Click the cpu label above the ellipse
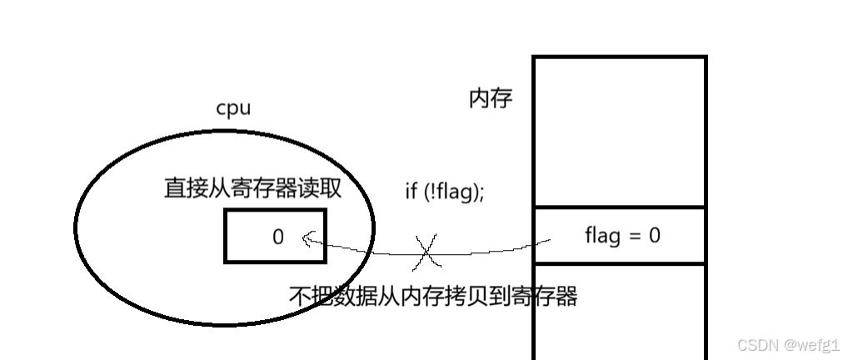tap(233, 108)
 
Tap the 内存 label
tap(491, 99)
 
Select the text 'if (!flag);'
tap(444, 190)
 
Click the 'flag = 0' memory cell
tap(620, 235)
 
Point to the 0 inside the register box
tap(278, 237)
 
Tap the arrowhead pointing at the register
tap(307, 240)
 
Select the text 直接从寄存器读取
tap(252, 188)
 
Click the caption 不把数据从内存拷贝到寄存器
tap(433, 296)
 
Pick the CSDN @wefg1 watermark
tap(788, 345)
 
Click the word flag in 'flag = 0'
tap(602, 235)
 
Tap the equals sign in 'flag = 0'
tap(635, 236)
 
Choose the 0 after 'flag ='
tap(654, 235)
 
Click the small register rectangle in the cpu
tap(275, 236)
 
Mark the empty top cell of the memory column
tap(620, 131)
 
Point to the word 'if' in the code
tap(411, 190)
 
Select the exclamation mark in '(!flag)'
tap(430, 190)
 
